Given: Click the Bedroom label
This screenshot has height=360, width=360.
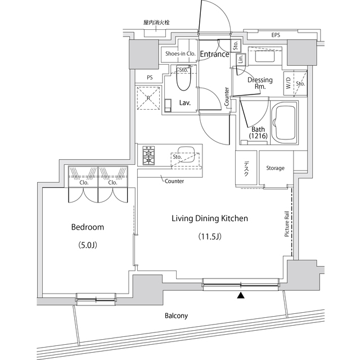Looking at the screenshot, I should pos(87,227).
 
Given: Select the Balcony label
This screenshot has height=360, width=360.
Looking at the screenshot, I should pos(176,316).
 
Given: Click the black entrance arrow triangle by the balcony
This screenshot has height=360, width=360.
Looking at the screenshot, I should pos(241,295).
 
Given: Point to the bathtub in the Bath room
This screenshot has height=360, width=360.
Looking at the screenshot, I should pos(285,123).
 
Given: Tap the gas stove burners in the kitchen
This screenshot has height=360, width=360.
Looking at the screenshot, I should pos(149,155).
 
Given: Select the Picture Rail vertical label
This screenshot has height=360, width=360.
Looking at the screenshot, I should pos(287,224).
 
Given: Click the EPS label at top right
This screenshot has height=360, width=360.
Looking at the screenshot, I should pos(276,35).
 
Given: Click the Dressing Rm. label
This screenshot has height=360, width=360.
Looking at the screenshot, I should pos(260,83).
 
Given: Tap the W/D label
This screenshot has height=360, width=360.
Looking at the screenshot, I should pos(289,84).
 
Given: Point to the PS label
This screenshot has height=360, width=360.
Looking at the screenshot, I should pos(150,78).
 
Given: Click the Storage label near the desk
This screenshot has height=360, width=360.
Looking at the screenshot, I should pos(275,168).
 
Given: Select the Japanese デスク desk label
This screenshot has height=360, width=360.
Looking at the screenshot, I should pos(246,169).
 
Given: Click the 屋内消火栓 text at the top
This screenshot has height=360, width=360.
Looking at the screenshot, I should pos(156,22).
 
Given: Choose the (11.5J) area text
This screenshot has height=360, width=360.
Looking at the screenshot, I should pos(209,236).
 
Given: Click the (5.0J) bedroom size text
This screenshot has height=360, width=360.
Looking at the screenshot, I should pos(87,245).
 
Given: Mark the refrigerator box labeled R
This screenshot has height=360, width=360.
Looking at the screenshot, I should pos(148,99).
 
